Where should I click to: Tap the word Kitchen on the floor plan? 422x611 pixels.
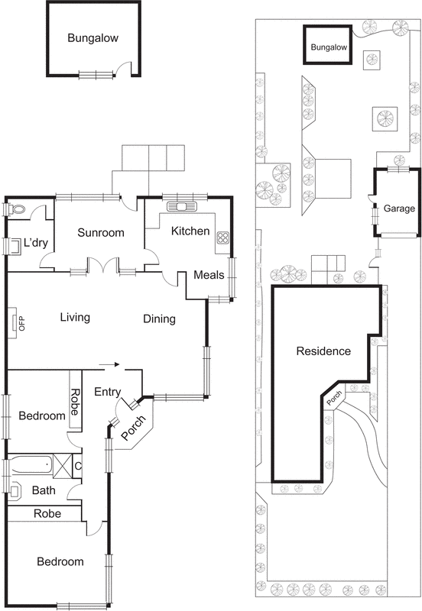click(190, 231)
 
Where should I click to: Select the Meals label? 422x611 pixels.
click(209, 276)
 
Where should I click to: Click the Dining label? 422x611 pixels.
click(159, 318)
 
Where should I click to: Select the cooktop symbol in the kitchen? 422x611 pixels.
click(223, 237)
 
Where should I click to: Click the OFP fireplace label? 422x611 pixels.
click(11, 321)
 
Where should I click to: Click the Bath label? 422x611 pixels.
click(43, 490)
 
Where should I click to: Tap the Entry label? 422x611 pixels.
click(108, 392)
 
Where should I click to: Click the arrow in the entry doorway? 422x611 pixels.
click(112, 365)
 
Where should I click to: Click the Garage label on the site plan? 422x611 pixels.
click(398, 209)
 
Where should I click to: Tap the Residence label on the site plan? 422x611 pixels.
click(323, 351)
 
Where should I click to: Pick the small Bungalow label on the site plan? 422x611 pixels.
click(328, 47)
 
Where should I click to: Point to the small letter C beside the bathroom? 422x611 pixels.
click(79, 465)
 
